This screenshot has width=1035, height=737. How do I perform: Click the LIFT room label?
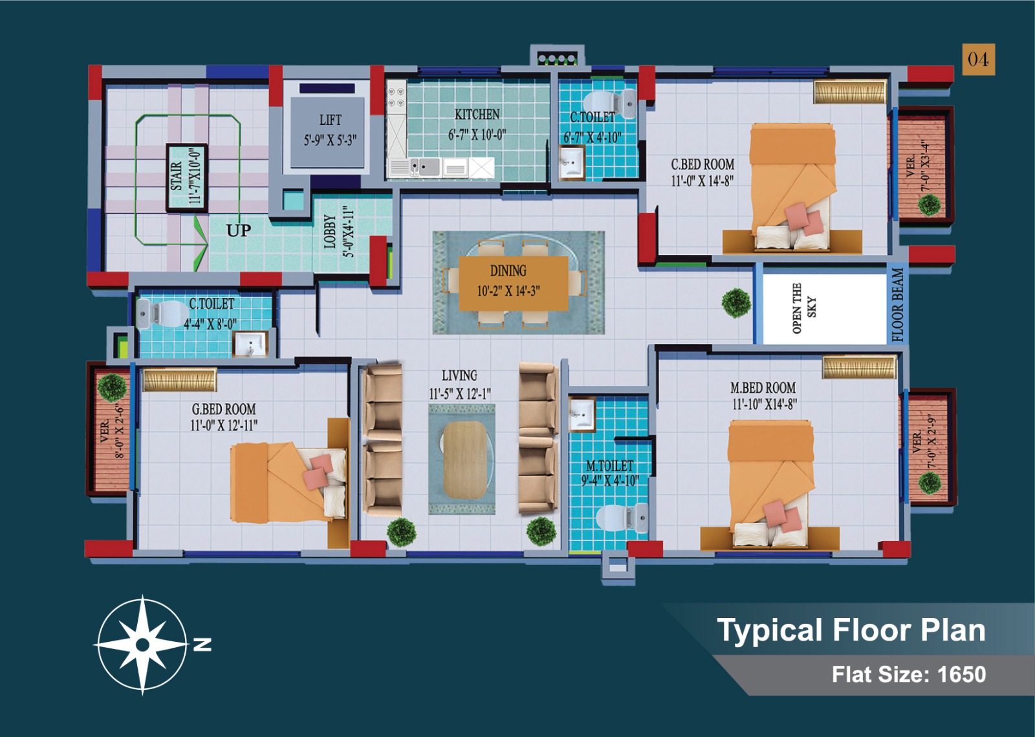click(x=331, y=120)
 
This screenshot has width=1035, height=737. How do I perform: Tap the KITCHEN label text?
click(x=477, y=115)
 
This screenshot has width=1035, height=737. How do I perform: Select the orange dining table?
click(x=514, y=283)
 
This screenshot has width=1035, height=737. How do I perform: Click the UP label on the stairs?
click(x=239, y=230)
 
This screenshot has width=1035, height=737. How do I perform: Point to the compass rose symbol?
click(x=143, y=644)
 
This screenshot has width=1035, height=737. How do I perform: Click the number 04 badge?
click(x=979, y=59)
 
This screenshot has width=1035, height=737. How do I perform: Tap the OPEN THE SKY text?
click(x=805, y=308)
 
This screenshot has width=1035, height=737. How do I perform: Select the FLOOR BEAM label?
click(x=897, y=305)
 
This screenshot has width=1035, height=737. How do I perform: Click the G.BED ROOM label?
click(x=224, y=410)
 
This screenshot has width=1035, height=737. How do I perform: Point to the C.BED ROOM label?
click(x=703, y=164)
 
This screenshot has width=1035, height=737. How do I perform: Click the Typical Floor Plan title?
click(x=851, y=630)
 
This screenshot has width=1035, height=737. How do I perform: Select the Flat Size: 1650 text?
click(x=909, y=674)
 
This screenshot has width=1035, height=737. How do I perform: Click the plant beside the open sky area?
click(x=736, y=303)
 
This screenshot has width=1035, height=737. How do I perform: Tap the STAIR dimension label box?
click(x=186, y=178)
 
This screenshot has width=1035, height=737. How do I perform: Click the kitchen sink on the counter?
click(x=424, y=167)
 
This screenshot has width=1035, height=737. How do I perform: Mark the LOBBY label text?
click(x=330, y=231)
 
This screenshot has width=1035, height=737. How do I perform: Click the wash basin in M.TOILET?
click(x=582, y=413)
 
